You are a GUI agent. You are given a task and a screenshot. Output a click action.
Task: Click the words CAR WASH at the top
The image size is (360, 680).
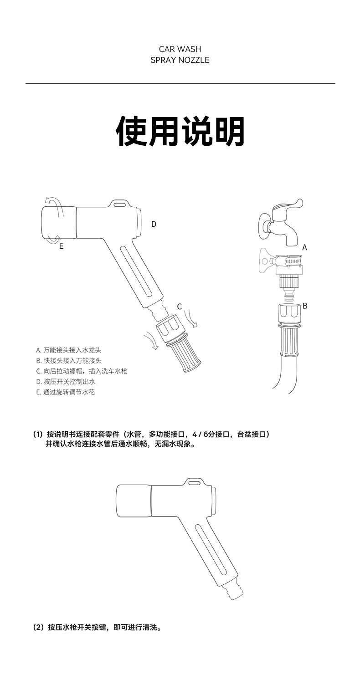180,49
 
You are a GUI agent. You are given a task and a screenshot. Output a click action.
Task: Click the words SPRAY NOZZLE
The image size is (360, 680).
180,60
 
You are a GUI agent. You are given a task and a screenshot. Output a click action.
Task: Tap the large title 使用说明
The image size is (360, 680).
180,131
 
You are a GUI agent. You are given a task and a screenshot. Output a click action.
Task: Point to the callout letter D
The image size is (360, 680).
154,224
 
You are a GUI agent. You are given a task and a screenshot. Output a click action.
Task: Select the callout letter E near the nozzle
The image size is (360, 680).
61,246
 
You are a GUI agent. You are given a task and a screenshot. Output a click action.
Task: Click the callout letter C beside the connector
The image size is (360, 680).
179,307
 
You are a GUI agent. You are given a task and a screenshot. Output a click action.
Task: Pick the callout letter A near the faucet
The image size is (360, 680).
305,248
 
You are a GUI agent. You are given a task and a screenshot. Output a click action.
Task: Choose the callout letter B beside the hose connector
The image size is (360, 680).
305,306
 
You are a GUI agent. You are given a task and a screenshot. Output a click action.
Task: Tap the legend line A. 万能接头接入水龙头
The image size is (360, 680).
69,350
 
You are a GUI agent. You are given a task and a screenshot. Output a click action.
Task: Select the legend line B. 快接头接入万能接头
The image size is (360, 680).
69,361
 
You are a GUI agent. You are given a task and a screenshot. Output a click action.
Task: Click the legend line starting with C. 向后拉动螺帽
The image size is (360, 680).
82,371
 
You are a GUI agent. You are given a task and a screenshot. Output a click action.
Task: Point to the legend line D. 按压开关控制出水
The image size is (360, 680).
66,382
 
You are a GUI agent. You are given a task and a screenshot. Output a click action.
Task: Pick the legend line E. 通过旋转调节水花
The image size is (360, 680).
65,392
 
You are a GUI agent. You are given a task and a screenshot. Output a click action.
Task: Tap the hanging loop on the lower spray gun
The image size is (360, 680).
194,482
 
